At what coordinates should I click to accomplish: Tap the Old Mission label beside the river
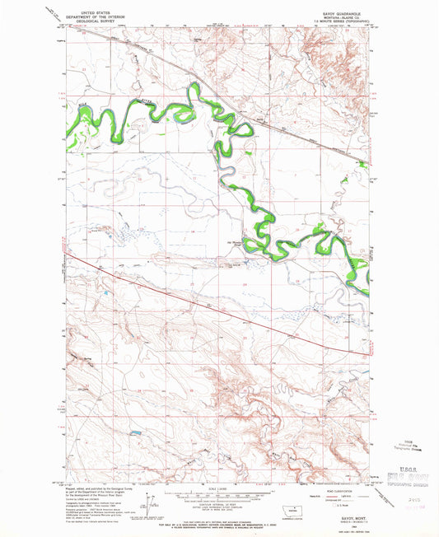click(x=236, y=242)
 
